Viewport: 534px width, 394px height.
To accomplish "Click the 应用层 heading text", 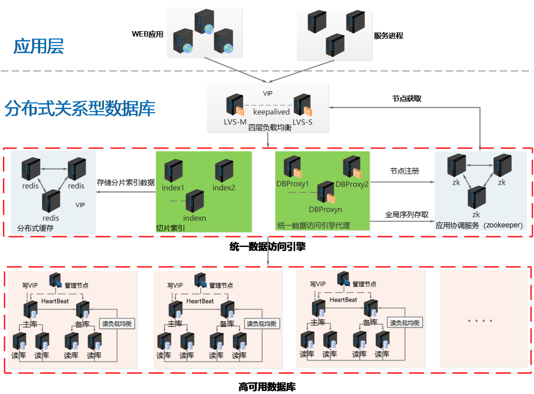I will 39,47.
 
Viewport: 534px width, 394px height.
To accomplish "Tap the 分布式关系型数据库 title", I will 80,108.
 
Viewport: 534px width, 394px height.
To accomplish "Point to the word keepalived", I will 268,112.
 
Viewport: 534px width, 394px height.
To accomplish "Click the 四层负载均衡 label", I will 269,128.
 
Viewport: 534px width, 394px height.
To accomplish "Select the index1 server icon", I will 173,170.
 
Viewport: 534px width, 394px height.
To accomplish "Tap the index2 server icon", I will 224,170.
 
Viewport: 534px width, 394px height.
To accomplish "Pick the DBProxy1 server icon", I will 293,167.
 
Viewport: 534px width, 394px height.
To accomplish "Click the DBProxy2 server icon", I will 352,167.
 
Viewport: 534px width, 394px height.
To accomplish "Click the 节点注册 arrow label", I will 404,171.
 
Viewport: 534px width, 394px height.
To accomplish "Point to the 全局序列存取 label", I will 406,215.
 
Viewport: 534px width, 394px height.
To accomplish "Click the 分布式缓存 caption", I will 35,228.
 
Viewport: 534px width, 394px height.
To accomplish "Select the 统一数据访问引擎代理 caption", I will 313,226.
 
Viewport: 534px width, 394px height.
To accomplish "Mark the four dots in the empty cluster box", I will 480,320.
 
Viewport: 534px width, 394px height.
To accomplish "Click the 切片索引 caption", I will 171,228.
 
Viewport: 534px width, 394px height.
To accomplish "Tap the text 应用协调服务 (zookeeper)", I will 479,226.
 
